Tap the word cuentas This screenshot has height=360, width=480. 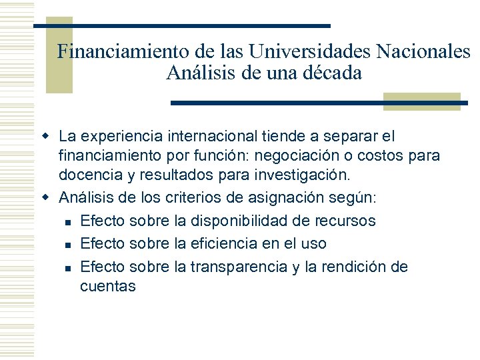[x=108, y=287]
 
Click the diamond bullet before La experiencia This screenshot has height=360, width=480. [x=47, y=137]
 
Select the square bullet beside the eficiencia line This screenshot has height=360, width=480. [x=67, y=244]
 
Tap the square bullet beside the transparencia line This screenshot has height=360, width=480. [x=67, y=267]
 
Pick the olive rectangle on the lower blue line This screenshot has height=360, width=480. [x=421, y=101]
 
